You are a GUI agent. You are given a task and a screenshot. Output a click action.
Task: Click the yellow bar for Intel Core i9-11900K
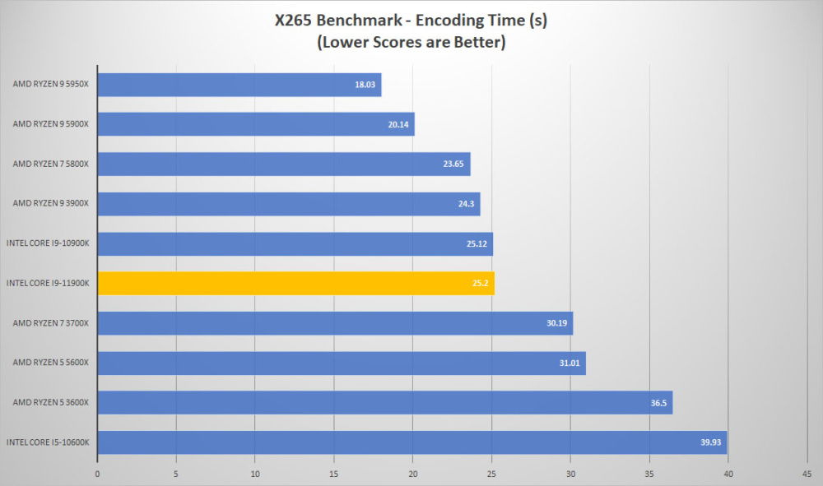(296, 283)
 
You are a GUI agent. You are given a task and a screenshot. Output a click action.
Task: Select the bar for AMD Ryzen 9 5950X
(239, 85)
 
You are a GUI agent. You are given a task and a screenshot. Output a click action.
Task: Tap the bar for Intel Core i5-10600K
(412, 442)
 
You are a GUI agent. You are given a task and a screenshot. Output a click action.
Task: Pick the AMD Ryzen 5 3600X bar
(385, 403)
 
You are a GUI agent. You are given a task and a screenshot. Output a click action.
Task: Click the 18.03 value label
(365, 85)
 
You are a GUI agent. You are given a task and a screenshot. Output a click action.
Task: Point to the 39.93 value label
(711, 442)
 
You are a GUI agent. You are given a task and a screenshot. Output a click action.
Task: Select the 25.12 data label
(477, 243)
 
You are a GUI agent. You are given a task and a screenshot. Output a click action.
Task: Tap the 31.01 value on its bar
(570, 363)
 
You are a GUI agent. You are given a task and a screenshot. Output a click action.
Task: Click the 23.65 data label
(453, 164)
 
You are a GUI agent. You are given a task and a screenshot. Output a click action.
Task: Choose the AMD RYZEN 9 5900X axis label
(51, 124)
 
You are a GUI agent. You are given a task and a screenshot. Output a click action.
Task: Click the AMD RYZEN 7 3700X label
(51, 323)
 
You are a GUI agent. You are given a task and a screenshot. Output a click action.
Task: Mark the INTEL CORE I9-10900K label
(48, 243)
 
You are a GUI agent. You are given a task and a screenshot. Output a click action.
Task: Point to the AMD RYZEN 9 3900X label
(51, 203)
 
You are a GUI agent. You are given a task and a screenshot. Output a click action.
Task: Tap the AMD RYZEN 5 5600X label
(51, 363)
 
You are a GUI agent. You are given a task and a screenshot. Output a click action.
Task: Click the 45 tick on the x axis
(807, 474)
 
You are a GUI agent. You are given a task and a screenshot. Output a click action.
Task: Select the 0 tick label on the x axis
(97, 474)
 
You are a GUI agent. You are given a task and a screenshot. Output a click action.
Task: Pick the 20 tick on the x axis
(412, 474)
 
